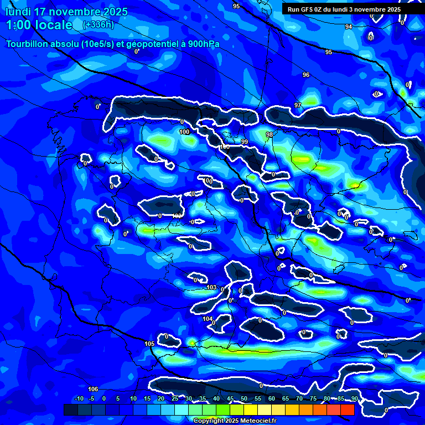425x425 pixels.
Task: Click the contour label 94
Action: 348,27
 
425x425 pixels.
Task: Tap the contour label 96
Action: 306,75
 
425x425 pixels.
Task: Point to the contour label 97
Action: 298,105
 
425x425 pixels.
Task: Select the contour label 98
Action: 269,134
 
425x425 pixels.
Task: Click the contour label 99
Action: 244,142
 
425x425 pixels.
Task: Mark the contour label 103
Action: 211,287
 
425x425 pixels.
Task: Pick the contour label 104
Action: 208,319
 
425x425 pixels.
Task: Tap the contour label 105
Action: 149,344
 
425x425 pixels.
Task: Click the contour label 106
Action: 93,389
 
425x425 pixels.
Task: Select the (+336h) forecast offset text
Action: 98,25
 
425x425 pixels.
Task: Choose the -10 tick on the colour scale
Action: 78,398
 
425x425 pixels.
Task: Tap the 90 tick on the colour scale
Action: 354,398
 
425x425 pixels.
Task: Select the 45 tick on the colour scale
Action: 230,398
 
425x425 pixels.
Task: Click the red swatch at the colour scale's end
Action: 347,410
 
